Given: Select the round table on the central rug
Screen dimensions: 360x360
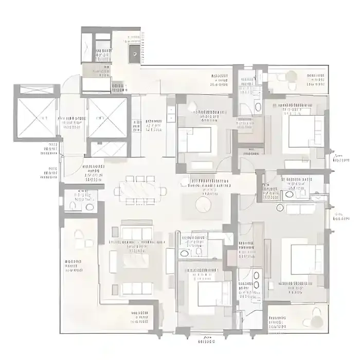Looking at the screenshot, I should (x=203, y=205).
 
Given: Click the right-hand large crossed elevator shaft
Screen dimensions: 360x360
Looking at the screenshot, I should (x=107, y=117).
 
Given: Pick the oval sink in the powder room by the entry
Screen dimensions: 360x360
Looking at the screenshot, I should (x=89, y=207).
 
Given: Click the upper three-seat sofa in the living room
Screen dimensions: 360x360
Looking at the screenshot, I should (x=136, y=234).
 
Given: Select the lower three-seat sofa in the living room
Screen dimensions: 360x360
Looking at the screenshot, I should (x=136, y=288).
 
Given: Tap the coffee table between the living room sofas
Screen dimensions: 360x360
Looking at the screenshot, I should (x=136, y=261).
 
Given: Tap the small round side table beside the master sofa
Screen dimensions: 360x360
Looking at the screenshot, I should (x=280, y=207).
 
